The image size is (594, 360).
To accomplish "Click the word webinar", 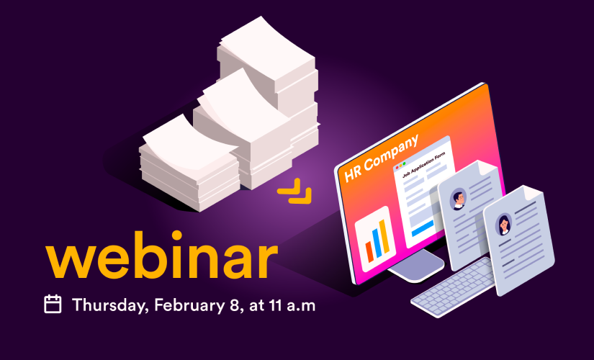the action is [162, 255].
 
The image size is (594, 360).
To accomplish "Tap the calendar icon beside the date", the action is [53, 304].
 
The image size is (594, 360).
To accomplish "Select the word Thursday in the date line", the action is [110, 305].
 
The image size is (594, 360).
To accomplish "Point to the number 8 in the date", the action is [235, 305].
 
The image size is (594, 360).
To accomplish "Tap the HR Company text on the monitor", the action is [381, 158].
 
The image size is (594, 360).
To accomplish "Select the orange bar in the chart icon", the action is [369, 251].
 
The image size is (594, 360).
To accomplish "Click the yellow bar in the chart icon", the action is [384, 236].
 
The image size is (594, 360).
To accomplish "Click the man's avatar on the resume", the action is [459, 199].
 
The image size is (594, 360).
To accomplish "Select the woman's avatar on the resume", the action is [504, 224].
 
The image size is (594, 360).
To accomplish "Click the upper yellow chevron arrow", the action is [289, 186].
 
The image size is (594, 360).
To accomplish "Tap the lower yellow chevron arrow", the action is [300, 196].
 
